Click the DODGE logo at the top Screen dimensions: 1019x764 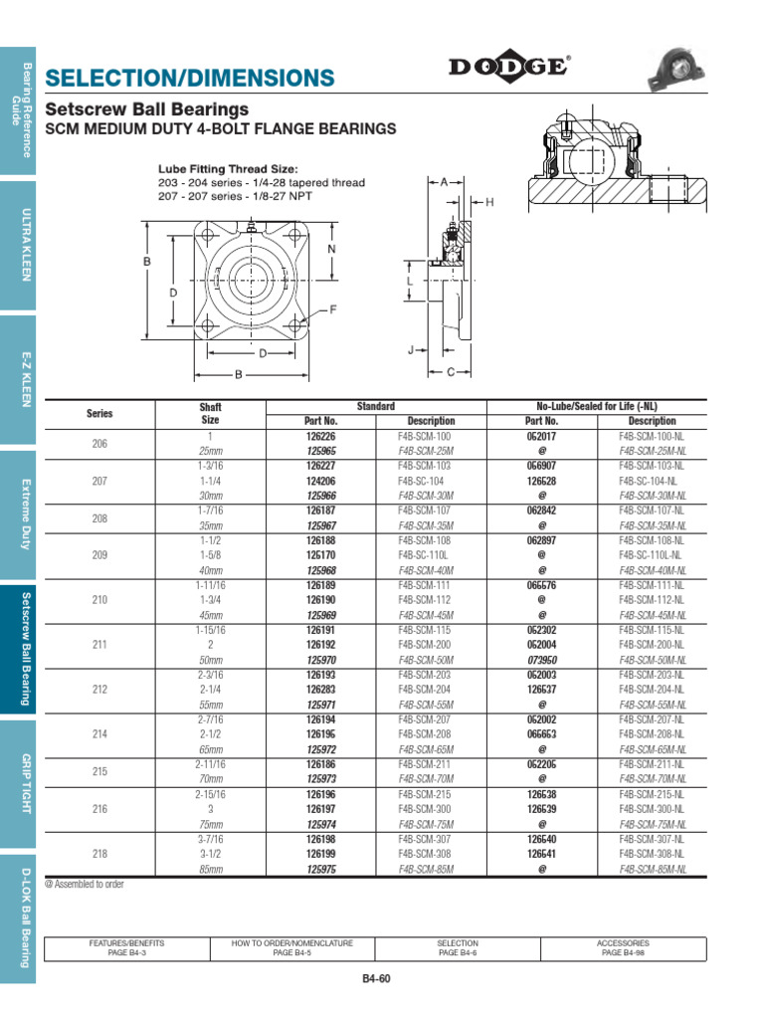point(508,67)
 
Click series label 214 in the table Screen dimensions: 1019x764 point(99,734)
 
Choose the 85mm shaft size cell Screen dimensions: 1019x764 point(210,868)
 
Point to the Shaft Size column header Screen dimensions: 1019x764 point(210,413)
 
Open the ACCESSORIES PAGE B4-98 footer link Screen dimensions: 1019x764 point(623,947)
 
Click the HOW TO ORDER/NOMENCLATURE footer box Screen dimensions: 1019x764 point(291,947)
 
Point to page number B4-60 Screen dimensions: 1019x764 point(377,979)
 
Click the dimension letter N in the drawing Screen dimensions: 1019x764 point(332,248)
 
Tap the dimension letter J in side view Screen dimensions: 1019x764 point(411,350)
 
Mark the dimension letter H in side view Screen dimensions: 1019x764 point(489,203)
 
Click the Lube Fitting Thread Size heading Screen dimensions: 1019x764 point(228,169)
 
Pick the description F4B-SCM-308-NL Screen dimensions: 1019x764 point(652,854)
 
